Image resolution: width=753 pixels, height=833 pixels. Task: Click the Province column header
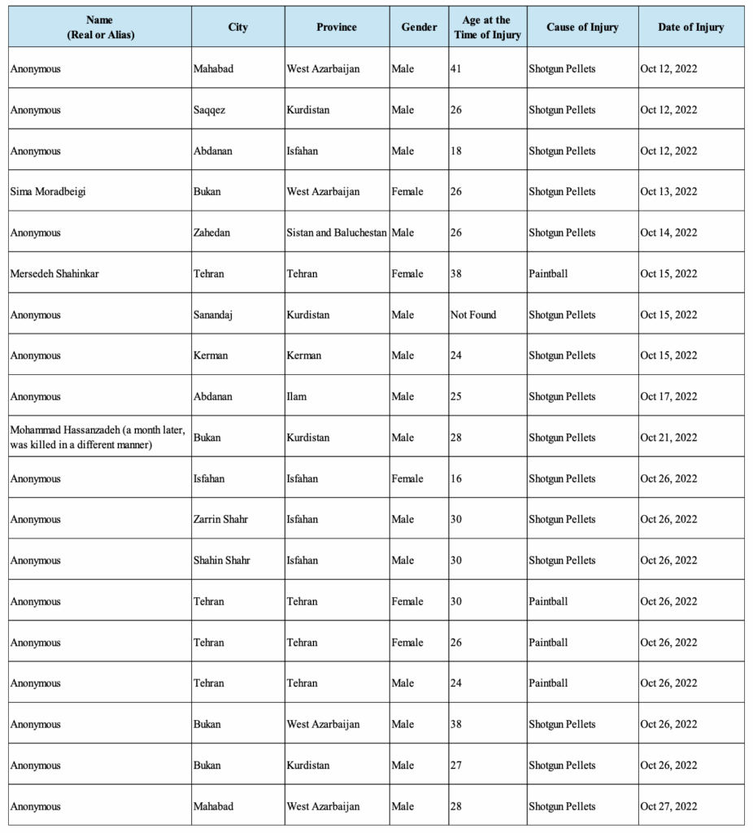click(337, 27)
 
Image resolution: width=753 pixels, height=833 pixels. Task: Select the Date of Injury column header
click(691, 27)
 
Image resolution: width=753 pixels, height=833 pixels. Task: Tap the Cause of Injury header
click(582, 27)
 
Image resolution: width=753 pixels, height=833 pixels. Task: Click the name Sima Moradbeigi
click(50, 192)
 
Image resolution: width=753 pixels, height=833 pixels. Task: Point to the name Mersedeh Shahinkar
click(54, 273)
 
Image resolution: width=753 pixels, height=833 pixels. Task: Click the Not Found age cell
click(473, 315)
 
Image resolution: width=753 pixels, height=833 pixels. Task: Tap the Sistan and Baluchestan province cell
click(337, 233)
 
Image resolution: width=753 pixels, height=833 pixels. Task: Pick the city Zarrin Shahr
click(220, 519)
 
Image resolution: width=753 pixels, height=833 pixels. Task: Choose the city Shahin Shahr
click(222, 560)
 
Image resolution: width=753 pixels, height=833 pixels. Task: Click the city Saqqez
click(210, 110)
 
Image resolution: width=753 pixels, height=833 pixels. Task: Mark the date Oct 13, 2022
click(668, 192)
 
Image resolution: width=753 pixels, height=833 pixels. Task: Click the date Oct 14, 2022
click(668, 233)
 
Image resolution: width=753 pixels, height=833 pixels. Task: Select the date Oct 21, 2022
click(668, 438)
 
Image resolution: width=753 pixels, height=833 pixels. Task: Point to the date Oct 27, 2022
click(668, 806)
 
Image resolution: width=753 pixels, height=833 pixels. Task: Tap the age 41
click(456, 69)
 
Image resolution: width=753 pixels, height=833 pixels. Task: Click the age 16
click(456, 478)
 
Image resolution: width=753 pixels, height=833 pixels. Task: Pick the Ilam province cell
click(297, 396)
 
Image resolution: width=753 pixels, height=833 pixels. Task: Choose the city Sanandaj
click(213, 315)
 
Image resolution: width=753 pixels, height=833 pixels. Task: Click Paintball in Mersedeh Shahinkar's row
click(548, 273)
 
